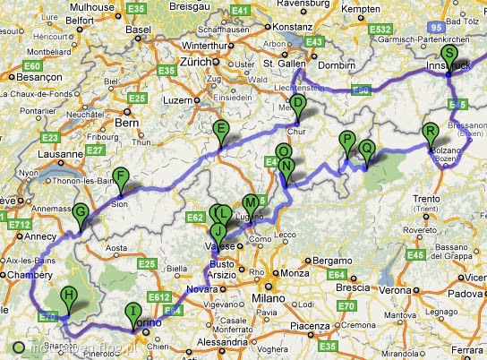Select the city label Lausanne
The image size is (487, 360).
click(61, 154)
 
